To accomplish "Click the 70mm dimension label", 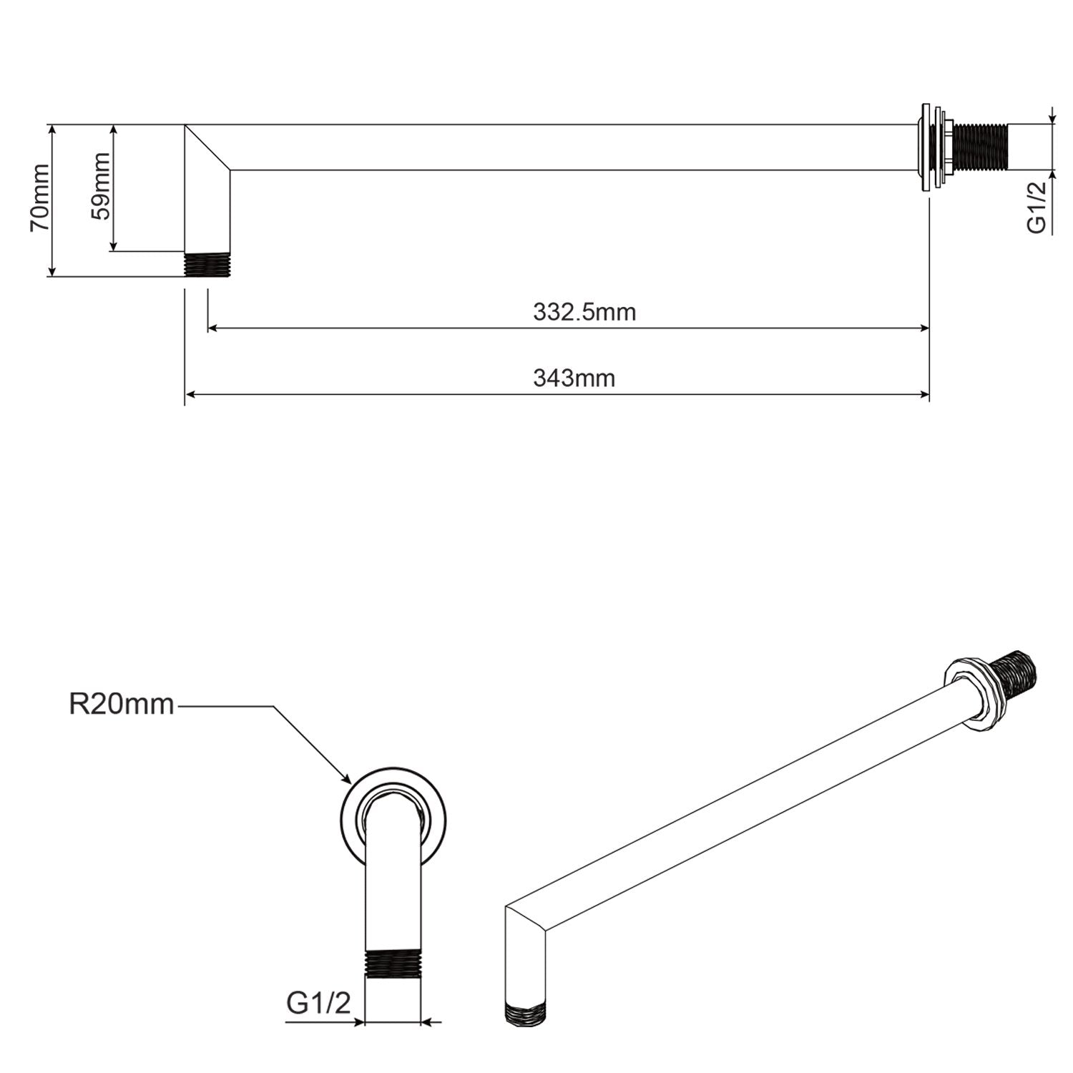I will coord(40,197).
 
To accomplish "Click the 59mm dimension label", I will coord(101,186).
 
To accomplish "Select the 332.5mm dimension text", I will coord(584,313).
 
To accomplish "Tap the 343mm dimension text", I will coord(574,378).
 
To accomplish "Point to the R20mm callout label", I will coord(122,705).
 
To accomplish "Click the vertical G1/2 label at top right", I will coord(1037,207).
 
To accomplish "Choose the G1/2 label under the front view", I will coord(319,1003).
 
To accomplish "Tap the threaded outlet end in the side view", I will coord(207,264).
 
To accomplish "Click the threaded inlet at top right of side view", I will coord(980,148).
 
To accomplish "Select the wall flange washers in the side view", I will coord(930,148).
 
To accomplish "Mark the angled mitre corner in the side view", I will coord(207,148).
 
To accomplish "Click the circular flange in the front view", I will coord(392,815).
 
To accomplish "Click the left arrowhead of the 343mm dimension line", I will coord(190,393).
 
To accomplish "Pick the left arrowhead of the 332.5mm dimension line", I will coord(212,328).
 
